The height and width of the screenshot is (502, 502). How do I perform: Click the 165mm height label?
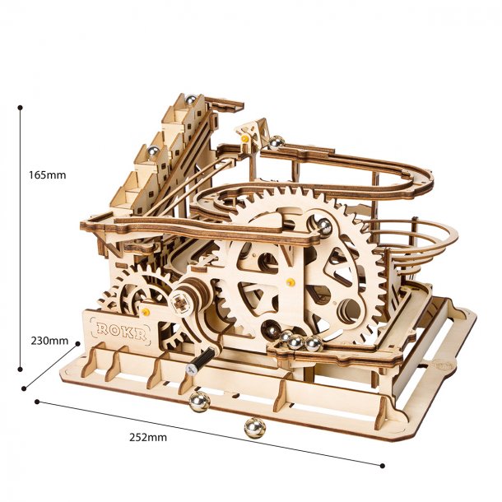[x=47, y=174]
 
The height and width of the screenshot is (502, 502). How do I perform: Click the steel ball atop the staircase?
[x=191, y=101]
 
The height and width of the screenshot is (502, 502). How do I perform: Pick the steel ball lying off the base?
[x=254, y=428]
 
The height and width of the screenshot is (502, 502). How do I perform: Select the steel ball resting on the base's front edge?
[x=199, y=401]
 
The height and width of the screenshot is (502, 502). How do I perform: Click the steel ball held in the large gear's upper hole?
[x=324, y=225]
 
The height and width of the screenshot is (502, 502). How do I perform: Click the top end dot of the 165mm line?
[x=21, y=106]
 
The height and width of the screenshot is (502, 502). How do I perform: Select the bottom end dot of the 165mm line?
[x=21, y=371]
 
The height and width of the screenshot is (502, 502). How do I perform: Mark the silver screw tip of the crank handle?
[x=191, y=374]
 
